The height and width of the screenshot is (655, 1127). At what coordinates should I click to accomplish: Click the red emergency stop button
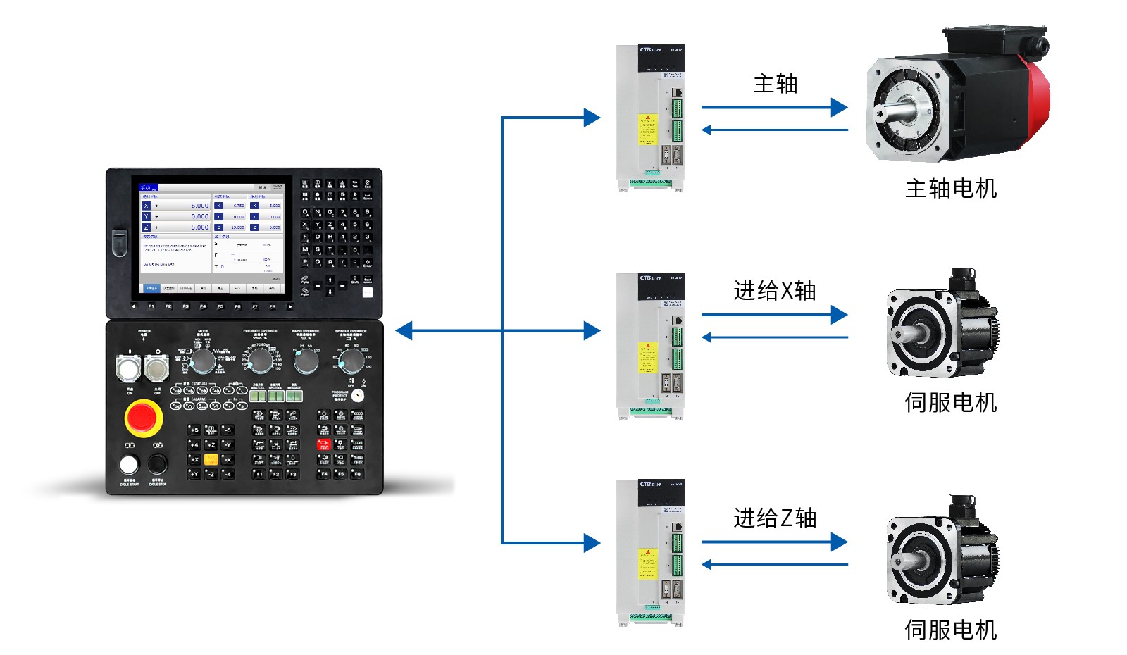(x=143, y=418)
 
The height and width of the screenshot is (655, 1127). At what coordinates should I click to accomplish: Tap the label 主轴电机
(x=950, y=189)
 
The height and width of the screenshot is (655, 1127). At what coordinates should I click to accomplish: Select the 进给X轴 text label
(x=774, y=290)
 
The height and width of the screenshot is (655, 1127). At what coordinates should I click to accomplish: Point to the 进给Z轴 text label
(x=774, y=518)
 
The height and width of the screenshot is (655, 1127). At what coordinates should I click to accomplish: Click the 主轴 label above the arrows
(x=775, y=84)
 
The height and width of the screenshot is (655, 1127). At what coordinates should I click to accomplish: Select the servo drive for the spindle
(x=650, y=118)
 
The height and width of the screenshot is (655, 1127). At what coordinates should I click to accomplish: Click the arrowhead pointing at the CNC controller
(x=404, y=330)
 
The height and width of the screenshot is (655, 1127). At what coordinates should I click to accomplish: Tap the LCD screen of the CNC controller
(x=211, y=234)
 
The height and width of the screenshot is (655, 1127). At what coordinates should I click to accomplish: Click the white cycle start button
(x=129, y=464)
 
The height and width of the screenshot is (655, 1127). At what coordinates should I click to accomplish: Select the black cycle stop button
(x=157, y=464)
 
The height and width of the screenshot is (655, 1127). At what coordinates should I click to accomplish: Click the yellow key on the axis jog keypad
(x=211, y=460)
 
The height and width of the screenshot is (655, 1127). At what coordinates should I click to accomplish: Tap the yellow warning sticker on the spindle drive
(x=647, y=130)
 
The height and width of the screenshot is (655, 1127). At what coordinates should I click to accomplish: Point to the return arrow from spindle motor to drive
(x=775, y=130)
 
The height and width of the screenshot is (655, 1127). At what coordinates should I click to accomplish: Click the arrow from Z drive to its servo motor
(x=775, y=542)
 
